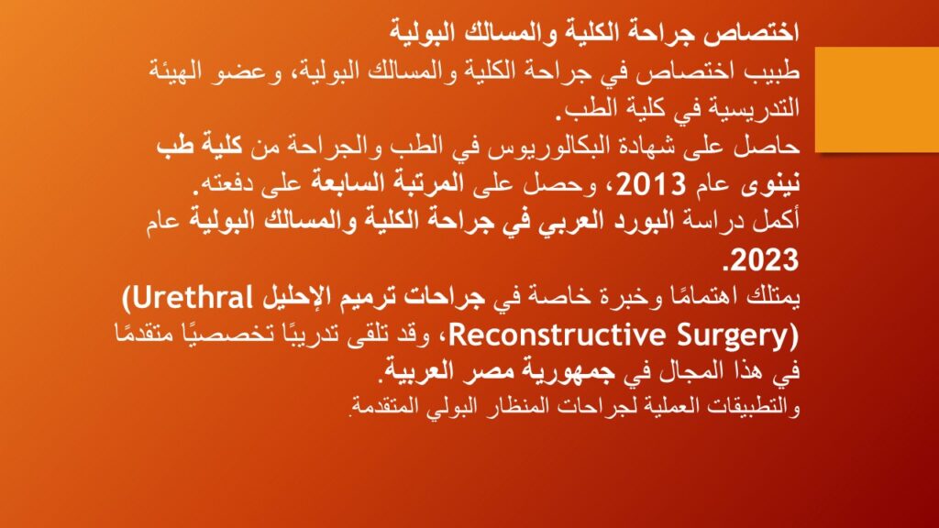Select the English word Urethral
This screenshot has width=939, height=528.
pyautogui.click(x=193, y=298)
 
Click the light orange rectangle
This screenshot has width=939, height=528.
pyautogui.click(x=877, y=99)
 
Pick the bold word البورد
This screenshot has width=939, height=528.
pyautogui.click(x=639, y=222)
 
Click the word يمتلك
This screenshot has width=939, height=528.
pyautogui.click(x=773, y=298)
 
